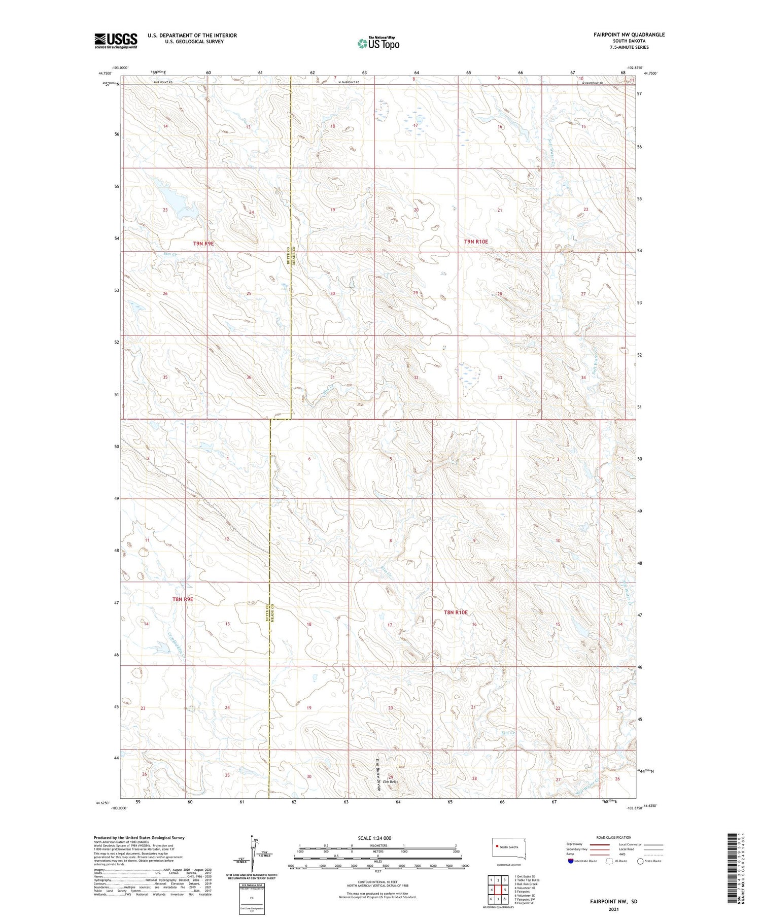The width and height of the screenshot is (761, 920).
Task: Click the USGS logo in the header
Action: (116, 41)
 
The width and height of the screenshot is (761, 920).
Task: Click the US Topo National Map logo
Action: (378, 43)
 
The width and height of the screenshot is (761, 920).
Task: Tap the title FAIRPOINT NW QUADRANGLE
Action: (629, 35)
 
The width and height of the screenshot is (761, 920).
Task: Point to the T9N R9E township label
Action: (203, 244)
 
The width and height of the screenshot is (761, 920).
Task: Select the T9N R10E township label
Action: (476, 242)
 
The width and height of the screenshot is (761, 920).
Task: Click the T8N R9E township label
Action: (183, 599)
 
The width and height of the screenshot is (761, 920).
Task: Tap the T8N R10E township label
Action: (456, 612)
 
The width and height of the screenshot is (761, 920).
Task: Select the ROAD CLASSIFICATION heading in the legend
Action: (614, 837)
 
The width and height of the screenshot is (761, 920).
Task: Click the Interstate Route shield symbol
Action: (571, 861)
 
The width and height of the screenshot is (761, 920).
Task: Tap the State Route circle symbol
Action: (641, 861)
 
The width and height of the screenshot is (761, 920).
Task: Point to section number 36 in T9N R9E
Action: (249, 377)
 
